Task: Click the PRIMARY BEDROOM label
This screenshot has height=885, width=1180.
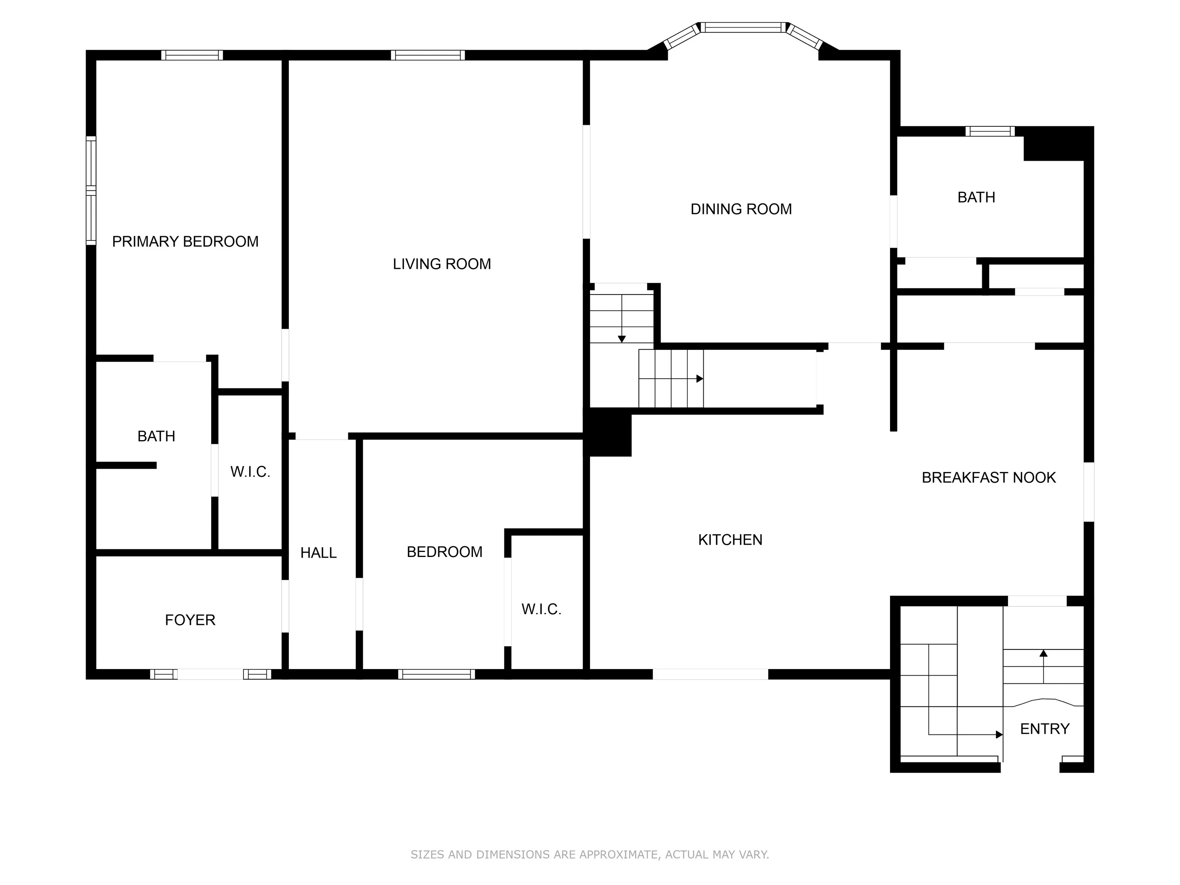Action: click(x=185, y=242)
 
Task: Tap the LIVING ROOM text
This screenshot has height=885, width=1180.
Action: click(x=442, y=264)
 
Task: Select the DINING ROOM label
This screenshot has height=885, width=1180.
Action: click(x=741, y=209)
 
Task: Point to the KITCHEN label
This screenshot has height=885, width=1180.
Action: click(x=730, y=540)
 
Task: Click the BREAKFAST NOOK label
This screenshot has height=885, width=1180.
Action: click(x=988, y=477)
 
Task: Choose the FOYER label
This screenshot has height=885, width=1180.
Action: click(x=190, y=620)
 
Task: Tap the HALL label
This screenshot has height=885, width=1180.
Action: click(x=318, y=553)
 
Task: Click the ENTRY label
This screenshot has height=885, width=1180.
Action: click(x=1044, y=729)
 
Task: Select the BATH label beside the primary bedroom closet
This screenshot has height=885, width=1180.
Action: click(x=156, y=436)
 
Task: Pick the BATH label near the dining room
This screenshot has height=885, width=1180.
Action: click(x=976, y=197)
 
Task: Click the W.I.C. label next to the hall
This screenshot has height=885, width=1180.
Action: click(x=250, y=472)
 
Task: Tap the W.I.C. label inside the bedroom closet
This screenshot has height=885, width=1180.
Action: click(x=542, y=609)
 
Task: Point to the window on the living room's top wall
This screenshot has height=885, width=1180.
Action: click(x=428, y=55)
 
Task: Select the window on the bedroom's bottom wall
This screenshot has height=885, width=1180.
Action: click(x=436, y=674)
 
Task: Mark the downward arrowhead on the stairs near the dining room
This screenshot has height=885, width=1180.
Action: click(x=621, y=339)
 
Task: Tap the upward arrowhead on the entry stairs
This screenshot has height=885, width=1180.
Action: click(x=1043, y=653)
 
